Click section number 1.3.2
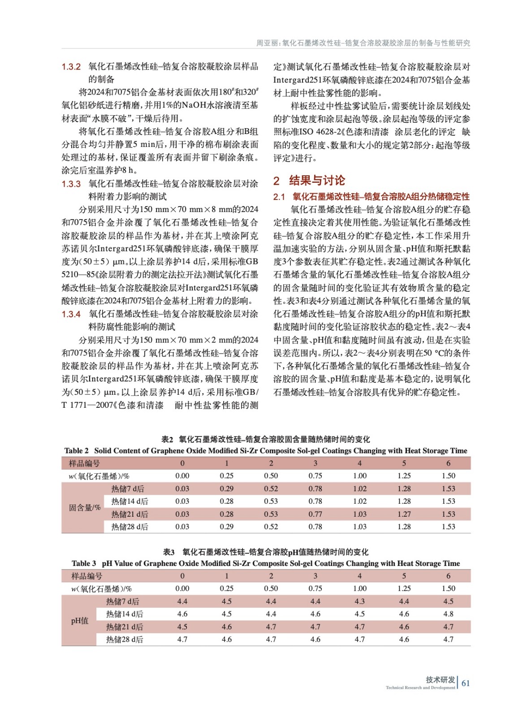click(71, 67)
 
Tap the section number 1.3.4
click(71, 314)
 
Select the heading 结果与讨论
click(317, 181)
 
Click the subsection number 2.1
click(279, 197)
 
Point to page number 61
click(466, 683)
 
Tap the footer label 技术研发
click(440, 680)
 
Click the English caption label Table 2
click(76, 451)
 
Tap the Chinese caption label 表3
click(169, 552)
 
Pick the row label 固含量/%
click(84, 508)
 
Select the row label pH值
click(80, 621)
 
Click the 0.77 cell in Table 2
click(315, 514)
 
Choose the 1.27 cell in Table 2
click(404, 514)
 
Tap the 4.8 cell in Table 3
click(448, 614)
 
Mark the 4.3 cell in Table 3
click(359, 601)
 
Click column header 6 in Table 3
click(448, 576)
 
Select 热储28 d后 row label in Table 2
click(130, 527)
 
